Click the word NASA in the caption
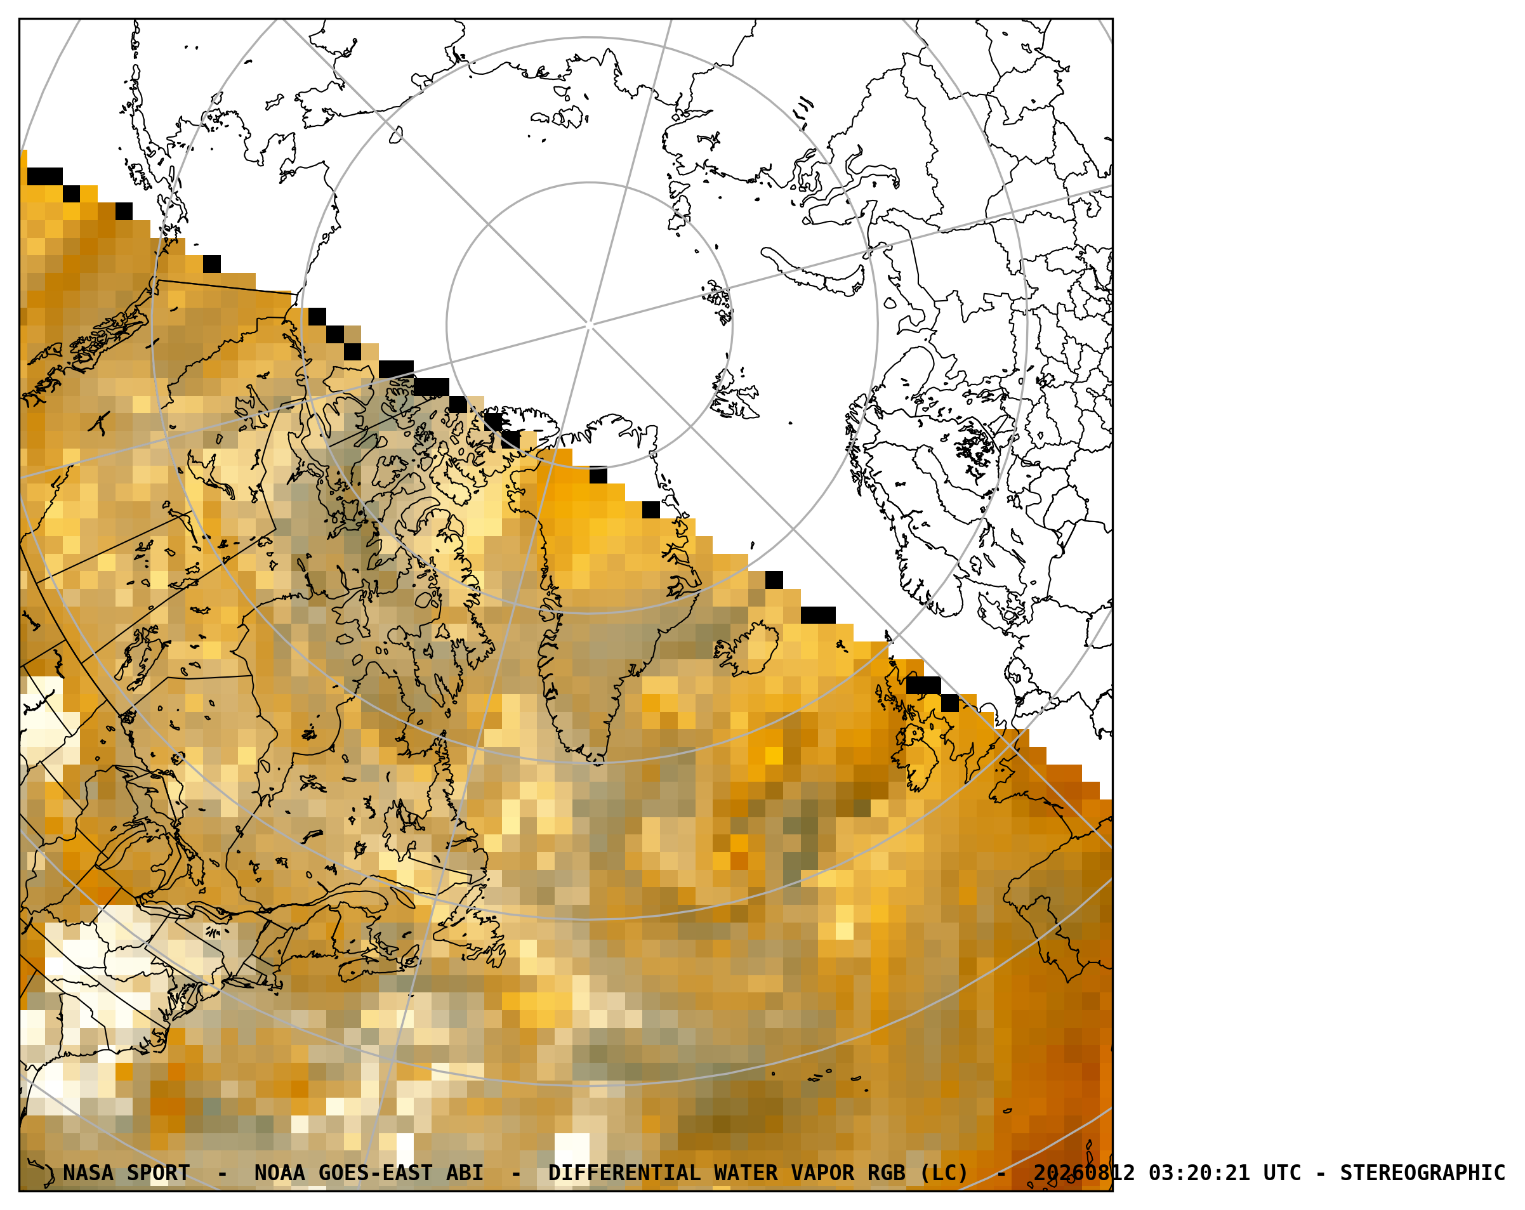(88, 1173)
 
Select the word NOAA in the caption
(279, 1173)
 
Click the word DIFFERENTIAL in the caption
(624, 1173)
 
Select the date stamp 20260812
(1084, 1173)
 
